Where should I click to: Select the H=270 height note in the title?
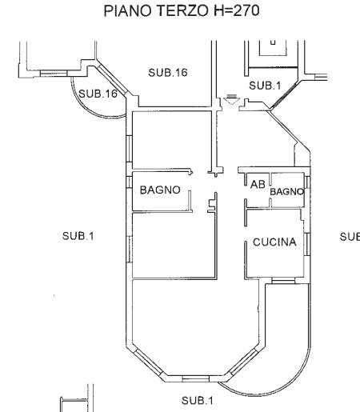tap(237, 11)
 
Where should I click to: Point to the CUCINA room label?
tap(274, 242)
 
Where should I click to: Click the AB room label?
tap(258, 184)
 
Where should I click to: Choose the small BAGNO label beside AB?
tap(286, 192)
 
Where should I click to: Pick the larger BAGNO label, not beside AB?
tap(160, 190)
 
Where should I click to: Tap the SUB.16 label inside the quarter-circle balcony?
tap(98, 94)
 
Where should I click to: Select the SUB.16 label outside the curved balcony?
tap(168, 73)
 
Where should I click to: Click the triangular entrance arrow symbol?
tap(231, 99)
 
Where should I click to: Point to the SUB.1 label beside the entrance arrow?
tap(265, 86)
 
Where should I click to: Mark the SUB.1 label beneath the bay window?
tap(198, 401)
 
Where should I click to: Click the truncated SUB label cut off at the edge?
tap(350, 237)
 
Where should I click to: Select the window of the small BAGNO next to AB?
tap(307, 182)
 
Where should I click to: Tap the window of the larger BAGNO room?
tap(129, 182)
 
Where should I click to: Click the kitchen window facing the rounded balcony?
tap(283, 281)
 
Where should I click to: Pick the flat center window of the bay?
tap(196, 378)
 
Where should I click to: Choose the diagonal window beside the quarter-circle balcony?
tap(112, 79)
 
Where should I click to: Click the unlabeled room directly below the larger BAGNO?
tap(174, 246)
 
